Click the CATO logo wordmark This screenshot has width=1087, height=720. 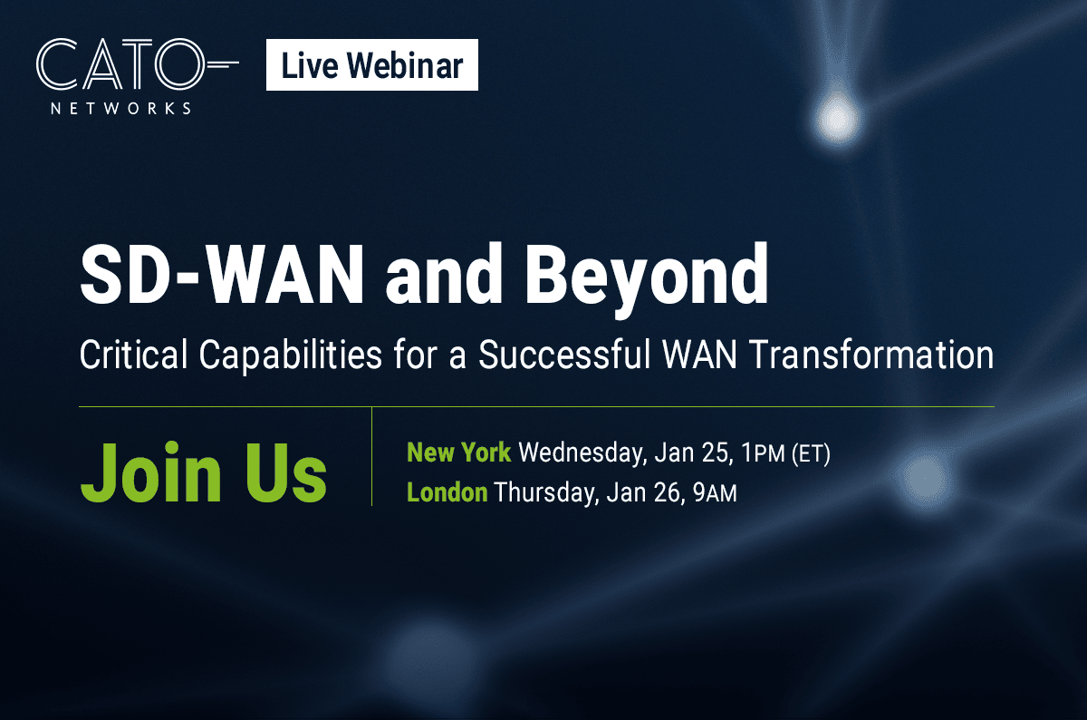click(138, 64)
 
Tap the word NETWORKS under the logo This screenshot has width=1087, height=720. click(120, 108)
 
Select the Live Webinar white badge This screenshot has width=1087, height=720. click(372, 64)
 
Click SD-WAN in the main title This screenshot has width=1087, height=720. click(221, 275)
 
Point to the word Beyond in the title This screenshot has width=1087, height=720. click(647, 280)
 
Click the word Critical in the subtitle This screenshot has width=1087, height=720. click(133, 355)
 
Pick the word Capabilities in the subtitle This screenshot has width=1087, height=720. click(291, 356)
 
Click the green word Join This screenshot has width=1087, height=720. click(151, 472)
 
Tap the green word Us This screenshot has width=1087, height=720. click(286, 472)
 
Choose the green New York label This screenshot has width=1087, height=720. click(459, 452)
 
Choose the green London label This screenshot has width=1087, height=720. click(447, 492)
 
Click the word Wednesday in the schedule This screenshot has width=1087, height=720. click(582, 453)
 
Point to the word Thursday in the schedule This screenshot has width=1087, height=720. click(545, 493)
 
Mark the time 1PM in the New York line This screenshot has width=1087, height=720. click(764, 453)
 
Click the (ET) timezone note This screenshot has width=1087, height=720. click(811, 453)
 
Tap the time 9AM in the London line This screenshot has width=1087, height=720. click(716, 493)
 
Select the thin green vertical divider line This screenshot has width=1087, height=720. click(371, 456)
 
